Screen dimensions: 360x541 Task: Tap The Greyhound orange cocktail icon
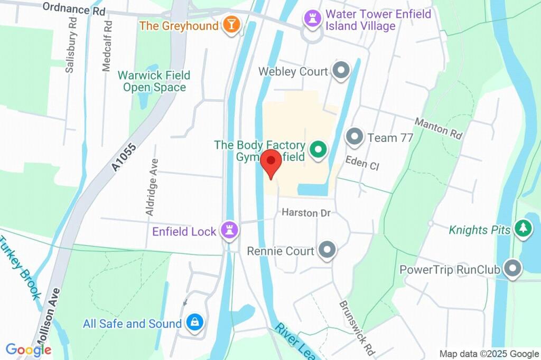click(231, 24)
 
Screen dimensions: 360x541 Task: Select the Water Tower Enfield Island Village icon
click(312, 19)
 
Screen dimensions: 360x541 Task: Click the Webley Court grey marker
click(341, 70)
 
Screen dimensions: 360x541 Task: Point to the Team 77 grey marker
click(354, 137)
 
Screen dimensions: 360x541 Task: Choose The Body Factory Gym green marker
click(318, 150)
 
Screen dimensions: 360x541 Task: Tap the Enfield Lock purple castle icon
click(229, 230)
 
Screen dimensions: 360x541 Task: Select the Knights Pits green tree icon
click(523, 228)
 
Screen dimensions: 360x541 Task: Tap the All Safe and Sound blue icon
click(195, 323)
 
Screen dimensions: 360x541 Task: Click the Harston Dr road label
click(306, 213)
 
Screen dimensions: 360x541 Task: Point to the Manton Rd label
click(438, 128)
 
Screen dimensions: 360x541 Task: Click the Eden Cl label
click(362, 163)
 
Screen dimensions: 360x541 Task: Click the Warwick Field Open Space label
click(154, 81)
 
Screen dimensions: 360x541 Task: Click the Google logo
click(29, 349)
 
